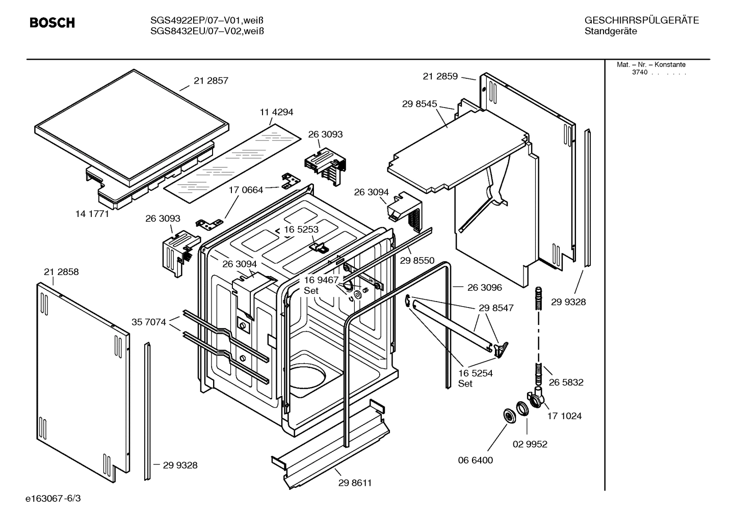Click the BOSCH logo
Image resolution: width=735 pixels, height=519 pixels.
(x=52, y=23)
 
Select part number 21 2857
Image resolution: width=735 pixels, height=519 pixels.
(x=211, y=80)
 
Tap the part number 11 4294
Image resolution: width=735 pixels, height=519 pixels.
(x=276, y=112)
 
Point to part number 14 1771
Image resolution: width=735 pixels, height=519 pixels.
(x=92, y=214)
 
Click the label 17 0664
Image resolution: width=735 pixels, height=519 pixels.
(x=246, y=190)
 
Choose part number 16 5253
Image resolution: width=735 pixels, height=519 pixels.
(x=301, y=229)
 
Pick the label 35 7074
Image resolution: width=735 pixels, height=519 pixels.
(x=149, y=322)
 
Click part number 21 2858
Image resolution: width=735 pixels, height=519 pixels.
(x=61, y=272)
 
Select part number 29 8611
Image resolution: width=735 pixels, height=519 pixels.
(x=355, y=483)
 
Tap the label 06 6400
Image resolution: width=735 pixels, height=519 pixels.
(x=476, y=460)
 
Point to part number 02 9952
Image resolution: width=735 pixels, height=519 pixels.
(x=530, y=444)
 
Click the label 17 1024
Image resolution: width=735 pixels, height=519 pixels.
(x=564, y=416)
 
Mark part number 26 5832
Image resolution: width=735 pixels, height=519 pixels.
(x=566, y=382)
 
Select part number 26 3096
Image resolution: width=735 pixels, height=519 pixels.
(x=484, y=287)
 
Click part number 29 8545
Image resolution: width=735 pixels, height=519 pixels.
(x=419, y=104)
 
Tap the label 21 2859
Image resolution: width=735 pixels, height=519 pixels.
(x=440, y=76)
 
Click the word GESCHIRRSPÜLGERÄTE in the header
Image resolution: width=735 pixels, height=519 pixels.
(x=641, y=20)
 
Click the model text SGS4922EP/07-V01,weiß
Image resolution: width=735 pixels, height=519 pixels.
(x=207, y=20)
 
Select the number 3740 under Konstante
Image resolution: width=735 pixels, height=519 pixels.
(x=639, y=72)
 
